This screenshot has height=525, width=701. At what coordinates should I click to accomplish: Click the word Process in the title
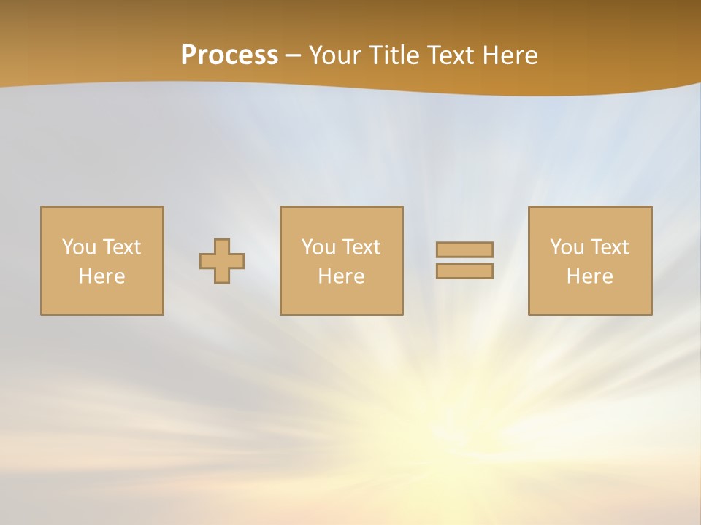coord(229,55)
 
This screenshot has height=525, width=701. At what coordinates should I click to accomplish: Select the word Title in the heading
coord(397,55)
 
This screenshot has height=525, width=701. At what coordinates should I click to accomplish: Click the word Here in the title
coord(511,55)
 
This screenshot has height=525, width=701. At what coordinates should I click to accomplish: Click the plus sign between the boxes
coord(222,261)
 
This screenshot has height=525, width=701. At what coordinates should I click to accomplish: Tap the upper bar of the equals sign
coord(464,249)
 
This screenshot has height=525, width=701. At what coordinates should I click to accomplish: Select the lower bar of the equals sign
coord(464,271)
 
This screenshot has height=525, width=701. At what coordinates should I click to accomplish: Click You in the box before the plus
coord(79,247)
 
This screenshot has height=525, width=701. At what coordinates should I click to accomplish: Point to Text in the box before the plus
coord(121,247)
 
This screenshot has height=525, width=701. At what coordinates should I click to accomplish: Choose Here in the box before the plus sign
coord(101,276)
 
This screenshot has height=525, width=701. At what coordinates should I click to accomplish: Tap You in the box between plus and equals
coord(318,247)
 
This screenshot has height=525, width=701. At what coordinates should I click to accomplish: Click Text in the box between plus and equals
coord(361,247)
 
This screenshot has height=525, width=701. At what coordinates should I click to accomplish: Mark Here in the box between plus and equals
coord(341,276)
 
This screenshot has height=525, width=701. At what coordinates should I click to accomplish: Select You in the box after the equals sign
coord(567,247)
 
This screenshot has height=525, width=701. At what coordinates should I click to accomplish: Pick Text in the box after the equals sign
coord(609,247)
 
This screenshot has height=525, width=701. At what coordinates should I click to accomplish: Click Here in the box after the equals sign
coord(589,276)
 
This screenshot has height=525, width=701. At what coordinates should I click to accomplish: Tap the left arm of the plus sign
coord(207,261)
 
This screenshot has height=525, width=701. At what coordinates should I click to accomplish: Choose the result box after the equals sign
coord(590,299)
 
